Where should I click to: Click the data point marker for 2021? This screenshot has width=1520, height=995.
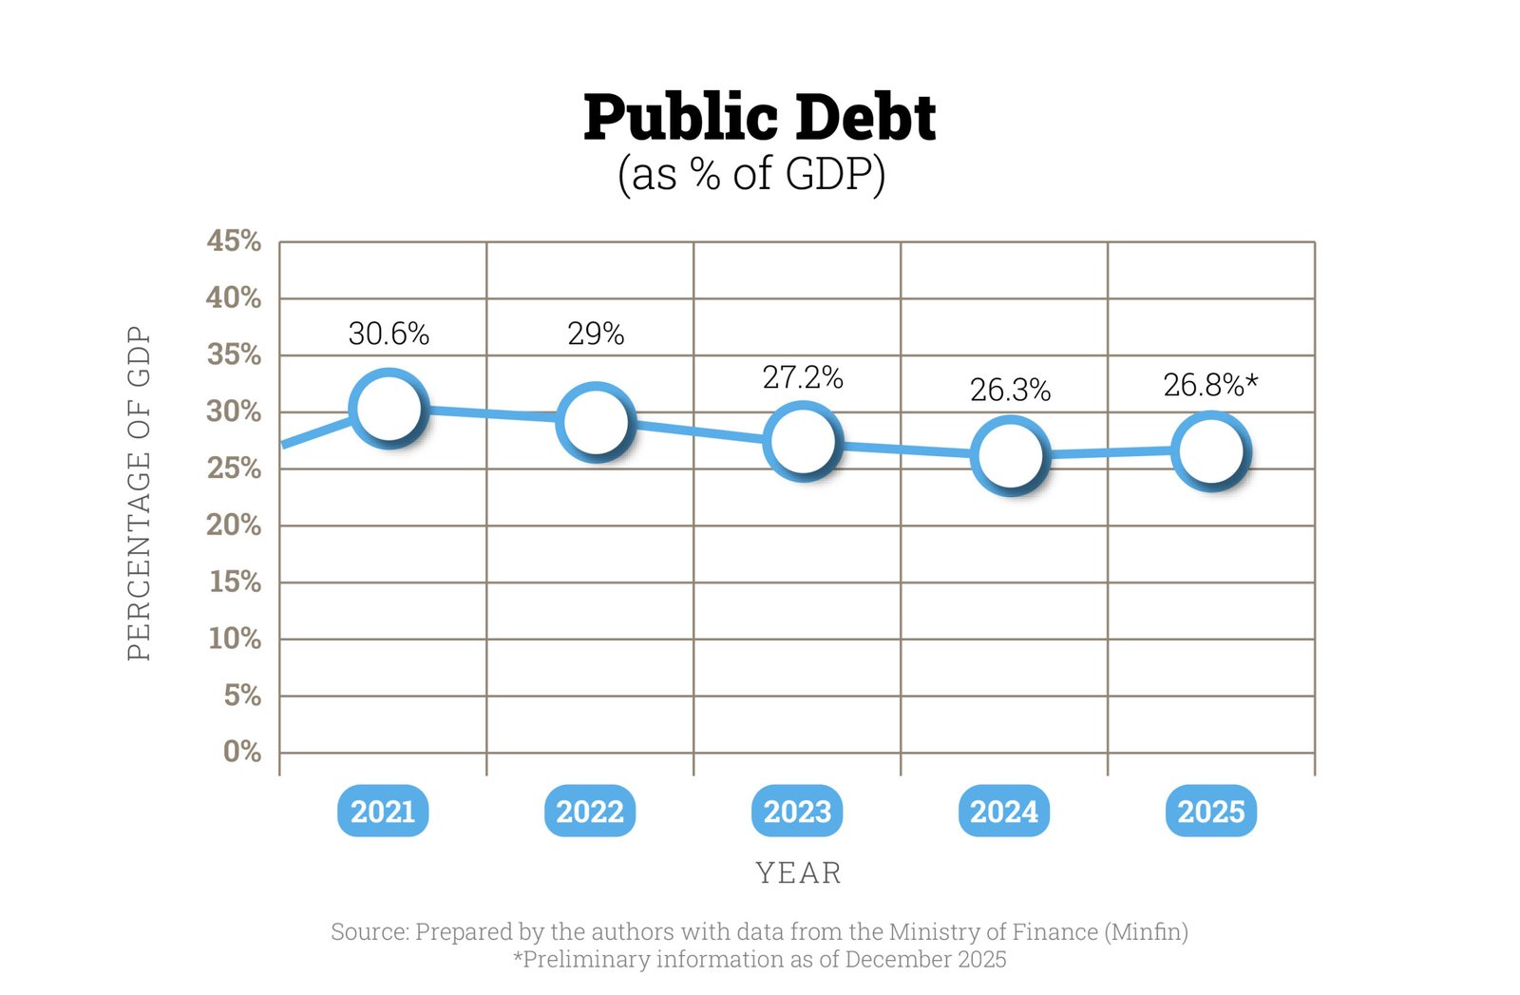pyautogui.click(x=387, y=409)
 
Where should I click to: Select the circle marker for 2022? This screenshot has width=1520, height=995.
pyautogui.click(x=595, y=421)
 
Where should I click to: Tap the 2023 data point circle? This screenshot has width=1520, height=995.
pyautogui.click(x=803, y=441)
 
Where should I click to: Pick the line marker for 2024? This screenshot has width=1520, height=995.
pyautogui.click(x=1010, y=455)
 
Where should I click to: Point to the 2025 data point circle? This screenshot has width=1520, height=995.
pyautogui.click(x=1210, y=450)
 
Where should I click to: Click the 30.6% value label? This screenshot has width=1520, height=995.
pyautogui.click(x=389, y=334)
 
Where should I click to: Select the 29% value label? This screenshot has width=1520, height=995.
pyautogui.click(x=596, y=334)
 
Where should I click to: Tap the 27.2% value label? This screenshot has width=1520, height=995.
pyautogui.click(x=803, y=377)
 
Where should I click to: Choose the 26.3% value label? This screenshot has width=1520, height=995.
pyautogui.click(x=1010, y=390)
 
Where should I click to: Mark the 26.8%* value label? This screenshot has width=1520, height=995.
pyautogui.click(x=1210, y=385)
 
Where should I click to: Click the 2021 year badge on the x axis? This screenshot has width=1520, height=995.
pyautogui.click(x=383, y=812)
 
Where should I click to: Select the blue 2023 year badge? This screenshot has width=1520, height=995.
pyautogui.click(x=797, y=812)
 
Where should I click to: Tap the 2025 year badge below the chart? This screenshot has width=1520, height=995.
pyautogui.click(x=1210, y=812)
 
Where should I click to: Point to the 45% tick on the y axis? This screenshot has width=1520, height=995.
pyautogui.click(x=234, y=240)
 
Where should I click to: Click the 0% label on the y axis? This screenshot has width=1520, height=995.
pyautogui.click(x=242, y=752)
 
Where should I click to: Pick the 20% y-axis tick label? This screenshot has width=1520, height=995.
pyautogui.click(x=234, y=525)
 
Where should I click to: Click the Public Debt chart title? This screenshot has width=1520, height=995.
pyautogui.click(x=760, y=118)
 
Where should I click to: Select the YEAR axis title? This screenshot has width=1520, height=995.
pyautogui.click(x=798, y=872)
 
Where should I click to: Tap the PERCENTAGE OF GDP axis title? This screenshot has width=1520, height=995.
pyautogui.click(x=140, y=493)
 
